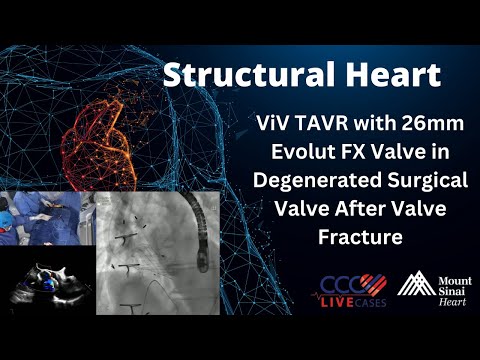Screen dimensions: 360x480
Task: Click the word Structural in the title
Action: click(225, 74)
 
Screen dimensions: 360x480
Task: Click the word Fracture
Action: click(359, 239)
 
